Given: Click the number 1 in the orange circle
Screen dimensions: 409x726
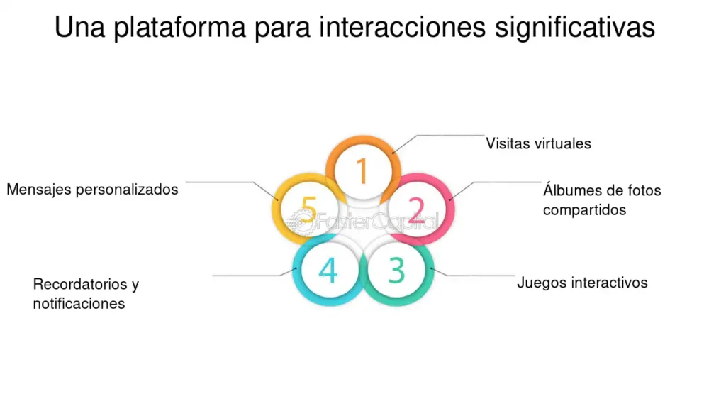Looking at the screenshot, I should (362, 172).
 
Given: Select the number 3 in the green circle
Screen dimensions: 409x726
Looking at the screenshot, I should (396, 271).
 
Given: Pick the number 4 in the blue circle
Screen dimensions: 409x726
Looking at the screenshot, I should (328, 271).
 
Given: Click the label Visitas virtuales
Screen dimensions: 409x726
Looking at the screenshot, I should (538, 143).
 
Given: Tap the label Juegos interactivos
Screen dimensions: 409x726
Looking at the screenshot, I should (582, 283).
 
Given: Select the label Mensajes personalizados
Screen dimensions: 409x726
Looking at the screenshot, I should (92, 190).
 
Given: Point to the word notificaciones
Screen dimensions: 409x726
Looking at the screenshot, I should (79, 304).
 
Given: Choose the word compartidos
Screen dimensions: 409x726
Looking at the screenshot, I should (584, 210).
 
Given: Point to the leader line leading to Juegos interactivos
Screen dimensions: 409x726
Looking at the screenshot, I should (482, 275).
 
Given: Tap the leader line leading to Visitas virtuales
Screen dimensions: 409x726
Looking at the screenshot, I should (447, 135).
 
